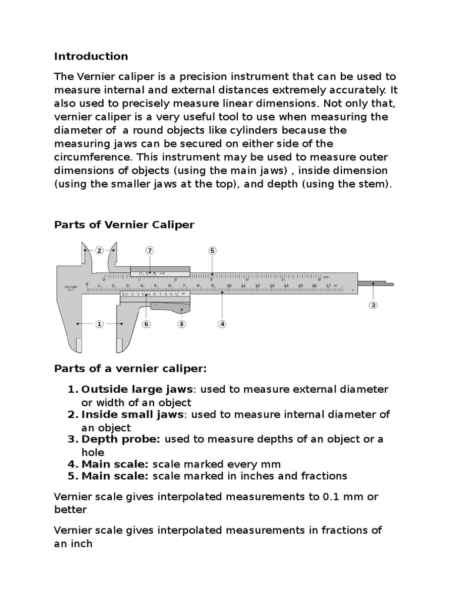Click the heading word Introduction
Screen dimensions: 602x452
91,56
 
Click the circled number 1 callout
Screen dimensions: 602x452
99,323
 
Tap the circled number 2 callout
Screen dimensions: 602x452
99,250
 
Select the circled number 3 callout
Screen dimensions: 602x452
373,305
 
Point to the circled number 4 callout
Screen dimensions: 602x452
222,323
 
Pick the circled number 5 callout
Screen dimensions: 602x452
212,250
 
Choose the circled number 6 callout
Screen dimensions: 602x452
146,323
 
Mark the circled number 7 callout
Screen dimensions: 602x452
150,250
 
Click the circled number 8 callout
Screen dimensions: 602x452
181,323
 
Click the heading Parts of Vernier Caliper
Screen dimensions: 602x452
124,225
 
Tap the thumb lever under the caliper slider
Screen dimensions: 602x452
171,306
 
